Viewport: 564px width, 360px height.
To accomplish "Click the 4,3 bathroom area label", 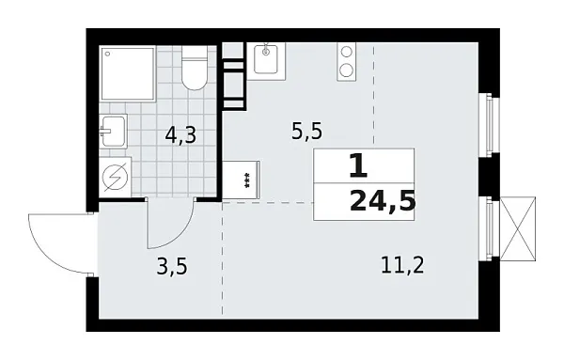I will click(x=180, y=135).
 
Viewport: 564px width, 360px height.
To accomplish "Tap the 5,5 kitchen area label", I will click(x=305, y=132).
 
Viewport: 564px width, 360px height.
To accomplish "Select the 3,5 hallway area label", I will click(x=172, y=266).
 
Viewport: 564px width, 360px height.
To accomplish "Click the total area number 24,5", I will click(x=381, y=200).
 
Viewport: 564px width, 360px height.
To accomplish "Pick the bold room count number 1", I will click(x=356, y=167).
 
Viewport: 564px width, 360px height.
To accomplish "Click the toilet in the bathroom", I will click(x=195, y=71).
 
